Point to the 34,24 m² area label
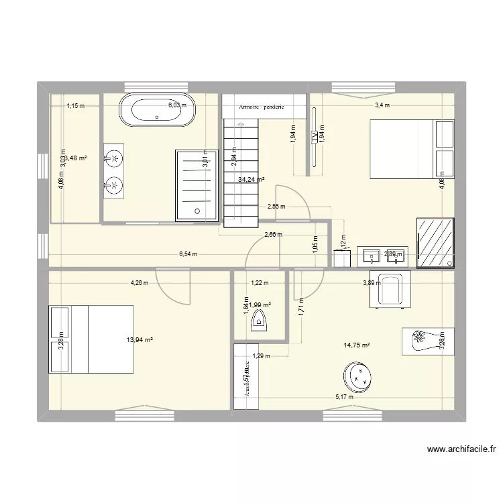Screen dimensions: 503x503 click(251, 180)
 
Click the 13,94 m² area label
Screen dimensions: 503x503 click(139, 341)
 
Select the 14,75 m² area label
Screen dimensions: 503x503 click(357, 346)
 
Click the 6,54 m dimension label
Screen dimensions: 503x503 click(188, 254)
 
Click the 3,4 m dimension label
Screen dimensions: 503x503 click(382, 105)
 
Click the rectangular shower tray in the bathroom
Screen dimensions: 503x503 click(197, 185)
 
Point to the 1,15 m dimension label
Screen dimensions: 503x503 click(75, 105)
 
